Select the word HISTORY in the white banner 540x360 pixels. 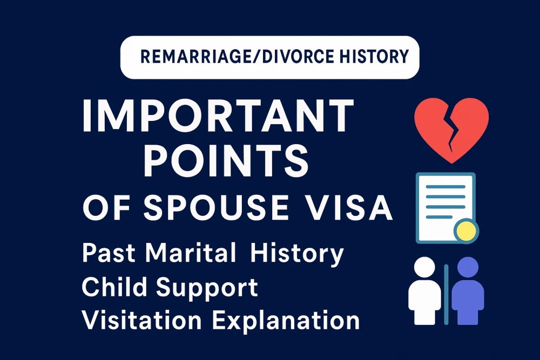(x=374, y=57)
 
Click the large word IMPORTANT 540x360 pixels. (x=218, y=116)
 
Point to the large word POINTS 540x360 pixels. (x=226, y=160)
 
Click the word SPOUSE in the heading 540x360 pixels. (x=216, y=208)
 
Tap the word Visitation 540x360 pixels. (x=141, y=320)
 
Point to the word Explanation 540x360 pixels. (x=286, y=321)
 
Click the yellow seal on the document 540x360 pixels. (x=466, y=231)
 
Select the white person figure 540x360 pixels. (x=424, y=291)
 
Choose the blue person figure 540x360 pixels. (x=468, y=291)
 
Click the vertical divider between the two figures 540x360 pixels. (x=447, y=295)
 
